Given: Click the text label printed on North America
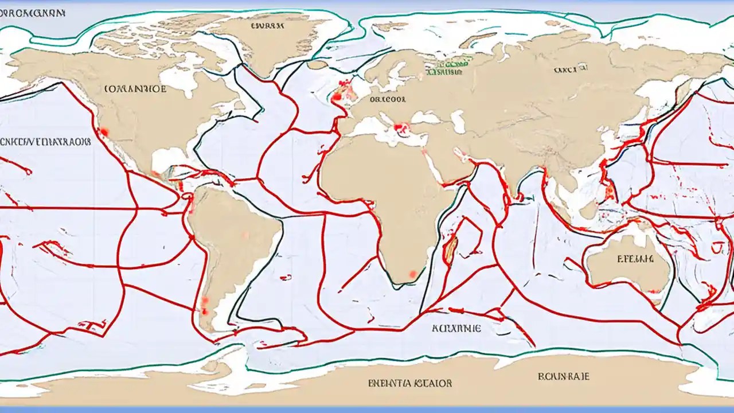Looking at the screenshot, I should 135,89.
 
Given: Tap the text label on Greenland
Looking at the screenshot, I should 267,26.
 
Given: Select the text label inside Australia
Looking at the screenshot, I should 635,259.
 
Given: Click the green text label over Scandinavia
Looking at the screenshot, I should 447,69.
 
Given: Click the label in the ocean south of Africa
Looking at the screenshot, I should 456,328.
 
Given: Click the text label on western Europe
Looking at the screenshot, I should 388,99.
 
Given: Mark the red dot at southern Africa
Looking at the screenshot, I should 412,274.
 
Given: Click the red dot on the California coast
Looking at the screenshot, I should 104,133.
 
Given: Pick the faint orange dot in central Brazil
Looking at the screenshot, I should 245,234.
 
